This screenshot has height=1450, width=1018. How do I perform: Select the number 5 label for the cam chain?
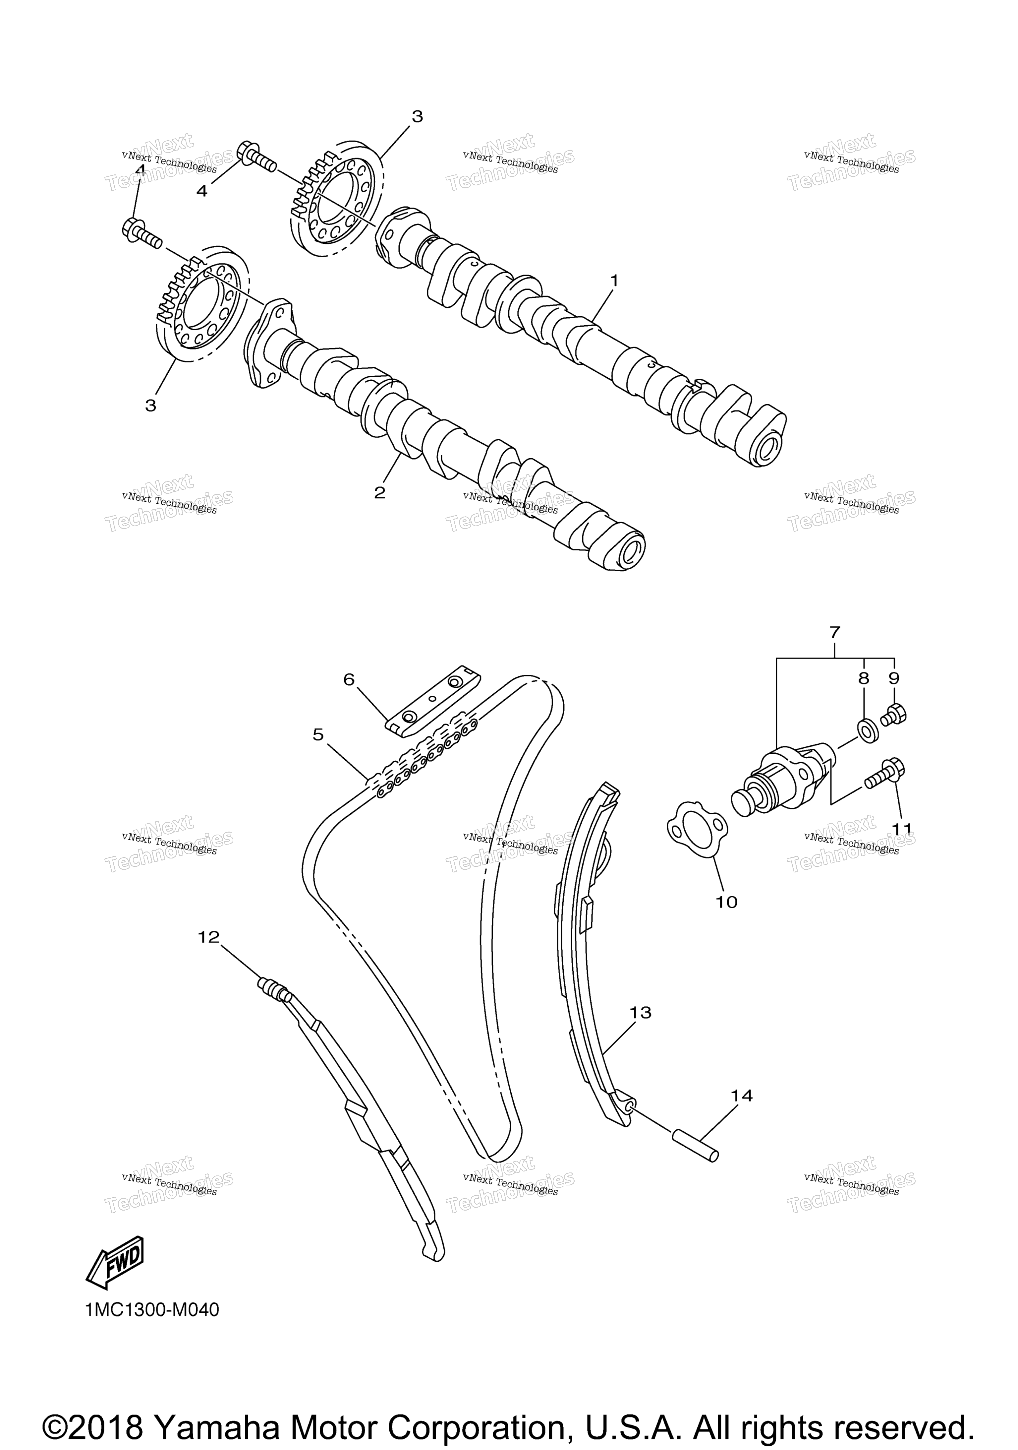point(318,734)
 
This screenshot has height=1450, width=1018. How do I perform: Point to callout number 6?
point(349,679)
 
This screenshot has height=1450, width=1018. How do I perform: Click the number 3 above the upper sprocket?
point(417,116)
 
